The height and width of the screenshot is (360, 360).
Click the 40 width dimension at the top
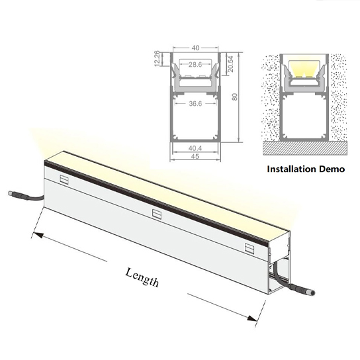pyautogui.click(x=195, y=48)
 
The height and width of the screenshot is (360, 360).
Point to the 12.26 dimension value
pyautogui.click(x=157, y=58)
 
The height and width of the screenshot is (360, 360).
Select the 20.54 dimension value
pyautogui.click(x=230, y=64)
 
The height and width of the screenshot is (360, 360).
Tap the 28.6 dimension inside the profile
pyautogui.click(x=195, y=64)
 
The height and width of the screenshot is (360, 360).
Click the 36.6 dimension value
pyautogui.click(x=195, y=103)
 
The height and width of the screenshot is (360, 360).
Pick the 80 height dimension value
pyautogui.click(x=234, y=97)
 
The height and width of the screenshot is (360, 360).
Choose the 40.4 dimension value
pyautogui.click(x=195, y=148)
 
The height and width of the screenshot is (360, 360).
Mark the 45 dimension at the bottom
pyautogui.click(x=195, y=156)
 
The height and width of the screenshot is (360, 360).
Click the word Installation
pyautogui.click(x=291, y=169)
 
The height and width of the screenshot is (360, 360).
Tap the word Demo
pyautogui.click(x=332, y=169)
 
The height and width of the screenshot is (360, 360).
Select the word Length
pyautogui.click(x=142, y=277)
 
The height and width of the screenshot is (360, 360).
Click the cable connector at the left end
pyautogui.click(x=19, y=195)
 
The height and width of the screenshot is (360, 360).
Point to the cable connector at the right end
pyautogui.click(x=302, y=290)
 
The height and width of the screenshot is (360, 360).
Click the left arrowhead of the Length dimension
pyautogui.click(x=38, y=235)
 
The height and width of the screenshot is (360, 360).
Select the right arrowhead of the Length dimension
pyautogui.click(x=252, y=318)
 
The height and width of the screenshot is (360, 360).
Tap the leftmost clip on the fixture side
pyautogui.click(x=64, y=179)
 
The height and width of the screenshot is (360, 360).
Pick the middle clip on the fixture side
pyautogui.click(x=157, y=214)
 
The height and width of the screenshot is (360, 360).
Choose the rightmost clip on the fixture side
pyautogui.click(x=249, y=248)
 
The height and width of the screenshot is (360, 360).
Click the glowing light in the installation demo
pyautogui.click(x=304, y=68)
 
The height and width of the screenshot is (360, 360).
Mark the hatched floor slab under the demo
pyautogui.click(x=305, y=148)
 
